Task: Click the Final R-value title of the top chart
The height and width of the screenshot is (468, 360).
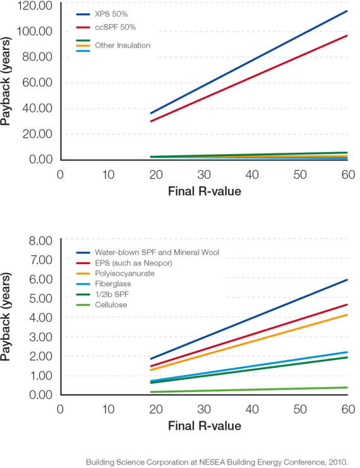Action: (204, 191)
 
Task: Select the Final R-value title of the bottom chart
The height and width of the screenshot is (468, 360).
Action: (204, 426)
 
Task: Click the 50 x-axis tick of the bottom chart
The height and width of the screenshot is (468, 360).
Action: (300, 409)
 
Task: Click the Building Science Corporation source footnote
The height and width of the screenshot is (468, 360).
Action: (220, 462)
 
